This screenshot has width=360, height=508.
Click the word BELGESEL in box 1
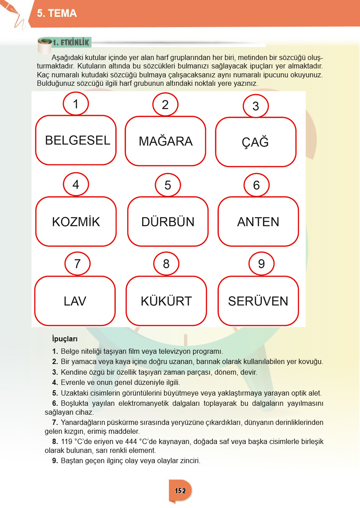pyautogui.click(x=77, y=140)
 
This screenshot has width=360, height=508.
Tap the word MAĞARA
pyautogui.click(x=165, y=141)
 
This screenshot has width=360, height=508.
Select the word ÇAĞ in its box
pyautogui.click(x=255, y=142)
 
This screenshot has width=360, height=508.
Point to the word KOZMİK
pyautogui.click(x=76, y=222)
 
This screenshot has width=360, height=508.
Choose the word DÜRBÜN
pyautogui.click(x=168, y=222)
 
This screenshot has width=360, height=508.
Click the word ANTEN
pyautogui.click(x=258, y=222)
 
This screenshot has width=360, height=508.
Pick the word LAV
pyautogui.click(x=75, y=301)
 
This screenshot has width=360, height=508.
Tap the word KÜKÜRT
pyautogui.click(x=166, y=301)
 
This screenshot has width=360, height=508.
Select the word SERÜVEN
pyautogui.click(x=258, y=301)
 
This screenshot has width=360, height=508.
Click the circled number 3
pyautogui.click(x=256, y=106)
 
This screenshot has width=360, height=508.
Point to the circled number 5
pyautogui.click(x=168, y=185)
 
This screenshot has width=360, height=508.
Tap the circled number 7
pyautogui.click(x=77, y=264)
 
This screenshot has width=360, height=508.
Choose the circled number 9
pyautogui.click(x=261, y=264)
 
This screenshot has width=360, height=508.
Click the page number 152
pyautogui.click(x=180, y=491)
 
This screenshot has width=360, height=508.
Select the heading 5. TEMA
pyautogui.click(x=57, y=14)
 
